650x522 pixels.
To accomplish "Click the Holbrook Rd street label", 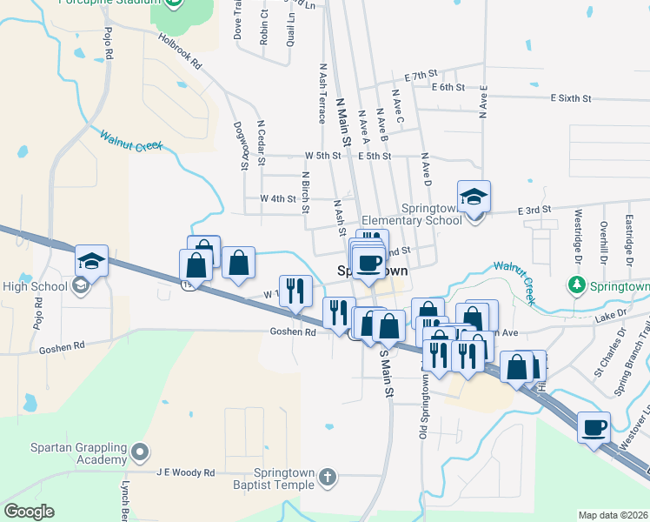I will [x=180, y=51].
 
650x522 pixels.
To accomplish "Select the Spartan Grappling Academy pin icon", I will [x=140, y=453].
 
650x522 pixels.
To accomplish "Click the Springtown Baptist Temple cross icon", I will [x=327, y=477].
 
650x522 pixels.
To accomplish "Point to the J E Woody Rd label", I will [x=185, y=472].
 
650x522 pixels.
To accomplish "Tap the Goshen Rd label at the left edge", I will [x=62, y=347].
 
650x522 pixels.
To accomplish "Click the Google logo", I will [x=29, y=512].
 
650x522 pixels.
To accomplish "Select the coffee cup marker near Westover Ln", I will [x=595, y=427].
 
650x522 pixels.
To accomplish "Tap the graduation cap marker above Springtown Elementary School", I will [x=474, y=196].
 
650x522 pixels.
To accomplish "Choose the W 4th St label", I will [x=279, y=198].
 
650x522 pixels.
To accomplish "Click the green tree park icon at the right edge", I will [x=576, y=284].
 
